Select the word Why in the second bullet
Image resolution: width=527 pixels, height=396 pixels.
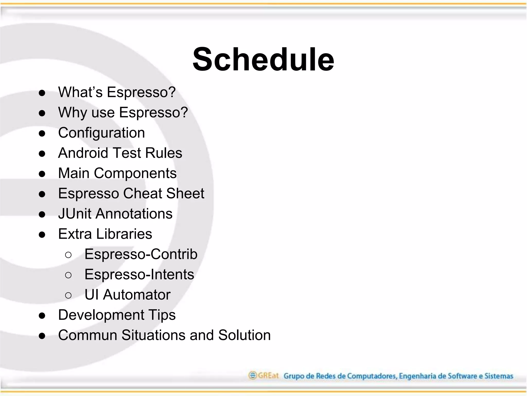point(73,112)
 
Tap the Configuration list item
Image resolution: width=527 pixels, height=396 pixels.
point(101,133)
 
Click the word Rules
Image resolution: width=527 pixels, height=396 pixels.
point(164,153)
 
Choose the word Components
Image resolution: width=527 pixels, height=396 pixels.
point(135,173)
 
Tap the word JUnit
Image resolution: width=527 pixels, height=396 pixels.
point(75,214)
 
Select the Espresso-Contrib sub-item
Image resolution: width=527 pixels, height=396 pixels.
point(141,254)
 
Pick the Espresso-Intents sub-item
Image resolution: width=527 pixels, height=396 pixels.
point(139,274)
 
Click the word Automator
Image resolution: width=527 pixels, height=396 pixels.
point(137,295)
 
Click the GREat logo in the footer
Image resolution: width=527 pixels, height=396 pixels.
point(263,375)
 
